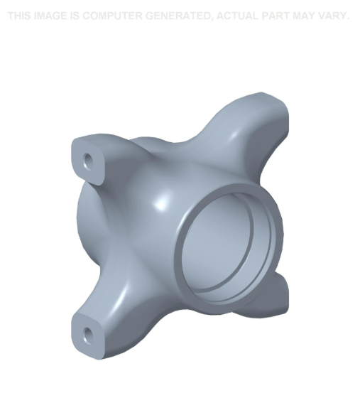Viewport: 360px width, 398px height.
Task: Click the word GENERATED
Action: point(177,16)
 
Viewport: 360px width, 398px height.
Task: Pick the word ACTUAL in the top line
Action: point(237,16)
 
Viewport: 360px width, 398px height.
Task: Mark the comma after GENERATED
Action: point(212,18)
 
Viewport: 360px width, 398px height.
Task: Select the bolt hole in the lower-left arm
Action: point(87,334)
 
